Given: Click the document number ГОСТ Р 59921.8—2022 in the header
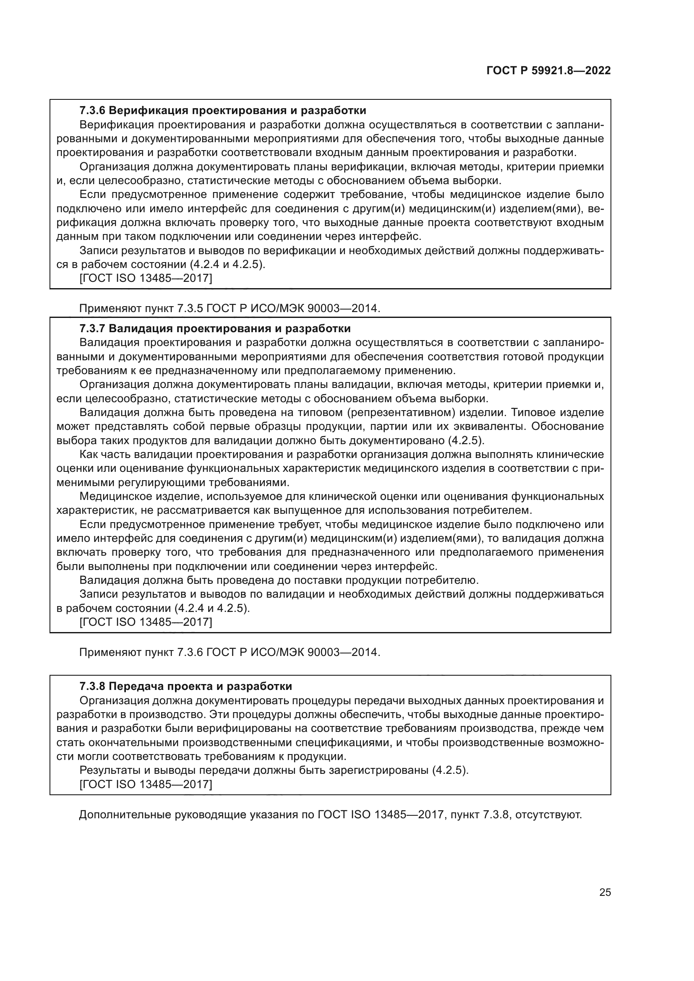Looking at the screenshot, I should click(548, 70).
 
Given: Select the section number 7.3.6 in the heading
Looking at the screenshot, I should click(92, 111).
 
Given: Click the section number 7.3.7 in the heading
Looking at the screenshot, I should click(92, 328).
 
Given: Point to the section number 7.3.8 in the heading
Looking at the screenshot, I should click(92, 687).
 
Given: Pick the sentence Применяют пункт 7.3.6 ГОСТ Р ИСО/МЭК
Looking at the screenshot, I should click(230, 653).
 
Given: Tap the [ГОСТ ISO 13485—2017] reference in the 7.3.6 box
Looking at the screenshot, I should click(146, 278).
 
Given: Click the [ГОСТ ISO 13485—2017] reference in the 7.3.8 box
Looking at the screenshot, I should click(146, 784).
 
